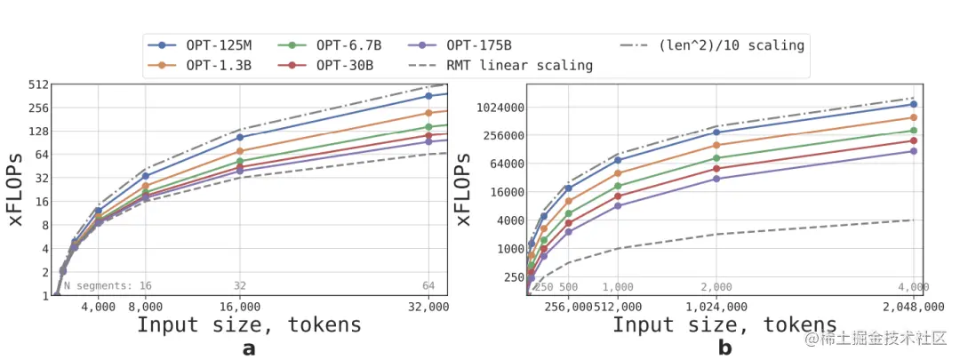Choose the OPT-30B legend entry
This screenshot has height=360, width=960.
coord(334,65)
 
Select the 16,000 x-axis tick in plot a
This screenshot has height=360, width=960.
coord(240,307)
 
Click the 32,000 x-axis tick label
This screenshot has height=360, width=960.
coord(428,307)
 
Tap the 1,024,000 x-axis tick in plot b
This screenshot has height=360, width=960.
coord(716,307)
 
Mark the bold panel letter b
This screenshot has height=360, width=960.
coord(724,348)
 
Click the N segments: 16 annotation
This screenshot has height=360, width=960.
coord(108,286)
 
